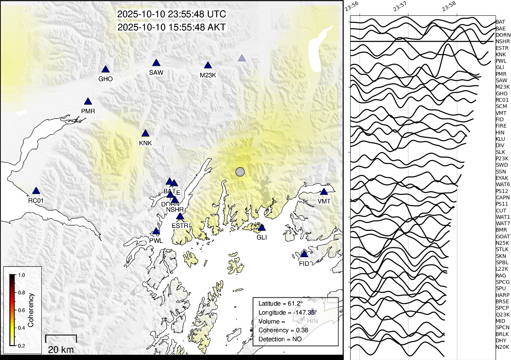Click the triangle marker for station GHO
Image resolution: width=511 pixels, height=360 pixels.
point(106,69)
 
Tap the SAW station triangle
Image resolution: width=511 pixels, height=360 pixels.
point(156,63)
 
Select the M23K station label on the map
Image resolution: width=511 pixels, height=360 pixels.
point(208,75)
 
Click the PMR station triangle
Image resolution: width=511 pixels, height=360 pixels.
point(88,102)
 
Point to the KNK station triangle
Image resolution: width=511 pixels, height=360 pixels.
point(145,134)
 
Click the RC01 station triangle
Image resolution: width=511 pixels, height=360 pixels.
point(36,191)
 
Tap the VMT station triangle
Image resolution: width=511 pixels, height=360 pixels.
point(324,192)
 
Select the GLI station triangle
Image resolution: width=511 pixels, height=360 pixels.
point(262,228)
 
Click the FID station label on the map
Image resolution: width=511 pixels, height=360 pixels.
point(304,264)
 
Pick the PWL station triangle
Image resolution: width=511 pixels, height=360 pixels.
point(156,232)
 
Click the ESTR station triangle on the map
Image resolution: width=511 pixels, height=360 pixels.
point(180,217)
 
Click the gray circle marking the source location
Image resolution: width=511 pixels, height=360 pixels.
point(240,172)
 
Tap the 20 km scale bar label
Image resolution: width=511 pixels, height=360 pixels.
point(61,349)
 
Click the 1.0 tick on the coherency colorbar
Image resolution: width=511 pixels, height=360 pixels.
point(21,275)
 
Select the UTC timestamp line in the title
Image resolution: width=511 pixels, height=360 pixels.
point(172,14)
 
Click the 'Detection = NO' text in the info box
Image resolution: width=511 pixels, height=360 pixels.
point(280,339)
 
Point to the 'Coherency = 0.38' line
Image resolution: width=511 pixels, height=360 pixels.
point(283,330)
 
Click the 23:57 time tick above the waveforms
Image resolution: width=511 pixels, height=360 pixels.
point(400,6)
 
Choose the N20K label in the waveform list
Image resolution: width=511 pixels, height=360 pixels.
point(502,347)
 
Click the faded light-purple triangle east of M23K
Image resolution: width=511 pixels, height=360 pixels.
point(242,58)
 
